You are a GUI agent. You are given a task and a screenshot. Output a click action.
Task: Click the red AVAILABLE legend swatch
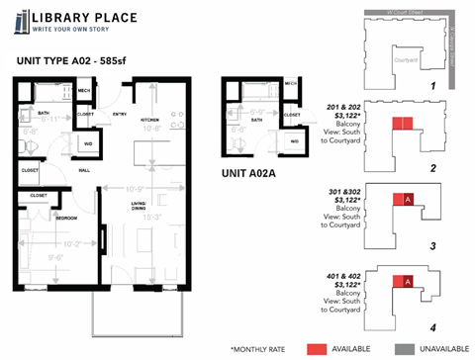(x=316, y=349)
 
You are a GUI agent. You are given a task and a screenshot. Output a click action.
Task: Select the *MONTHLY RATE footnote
(x=263, y=349)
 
